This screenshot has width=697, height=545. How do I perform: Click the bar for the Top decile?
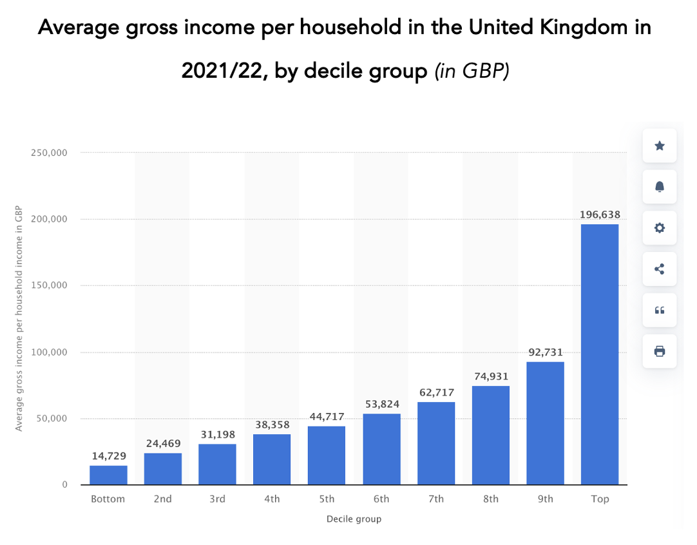pyautogui.click(x=599, y=354)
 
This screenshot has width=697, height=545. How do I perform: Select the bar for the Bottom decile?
pyautogui.click(x=108, y=475)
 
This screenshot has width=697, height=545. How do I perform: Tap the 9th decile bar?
pyautogui.click(x=545, y=423)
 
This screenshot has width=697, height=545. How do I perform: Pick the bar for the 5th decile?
pyautogui.click(x=327, y=455)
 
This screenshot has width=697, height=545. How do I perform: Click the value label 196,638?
pyautogui.click(x=599, y=215)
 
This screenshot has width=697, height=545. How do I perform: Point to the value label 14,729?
pyautogui.click(x=108, y=455)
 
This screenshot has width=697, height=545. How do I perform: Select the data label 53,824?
pyautogui.click(x=381, y=404)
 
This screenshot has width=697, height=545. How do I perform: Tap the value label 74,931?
pyautogui.click(x=491, y=376)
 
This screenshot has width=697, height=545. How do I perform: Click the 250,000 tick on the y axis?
pyautogui.click(x=49, y=153)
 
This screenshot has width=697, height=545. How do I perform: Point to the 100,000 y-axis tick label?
pyautogui.click(x=49, y=352)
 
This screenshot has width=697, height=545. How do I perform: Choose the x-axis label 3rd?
pyautogui.click(x=217, y=499)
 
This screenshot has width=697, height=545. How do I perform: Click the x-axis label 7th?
pyautogui.click(x=436, y=499)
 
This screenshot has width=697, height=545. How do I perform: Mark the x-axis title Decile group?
pyautogui.click(x=354, y=519)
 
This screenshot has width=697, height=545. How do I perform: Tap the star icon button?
pyautogui.click(x=659, y=146)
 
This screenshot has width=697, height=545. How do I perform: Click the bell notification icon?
pyautogui.click(x=659, y=187)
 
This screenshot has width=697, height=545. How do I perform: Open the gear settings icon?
pyautogui.click(x=659, y=228)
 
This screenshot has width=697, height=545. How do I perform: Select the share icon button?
pyautogui.click(x=659, y=269)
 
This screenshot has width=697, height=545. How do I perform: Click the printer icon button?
pyautogui.click(x=659, y=351)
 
